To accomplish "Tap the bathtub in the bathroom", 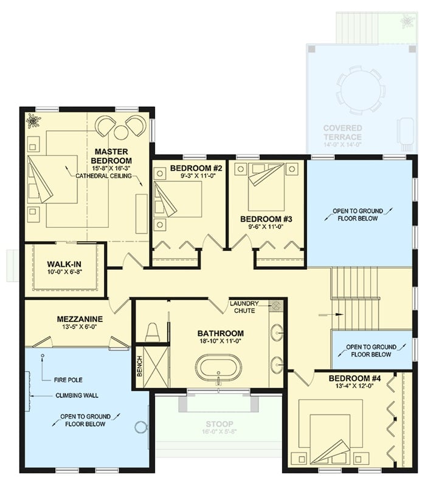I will point(218,367).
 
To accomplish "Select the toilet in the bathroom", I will point(153,332).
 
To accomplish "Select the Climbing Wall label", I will point(72,396).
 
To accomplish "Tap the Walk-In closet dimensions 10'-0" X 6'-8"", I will point(64,272).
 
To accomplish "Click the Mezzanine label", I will point(80,319).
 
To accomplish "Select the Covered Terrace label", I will point(343,132).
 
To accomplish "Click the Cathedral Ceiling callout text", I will point(107,176).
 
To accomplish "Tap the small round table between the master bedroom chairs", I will point(121,131).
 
